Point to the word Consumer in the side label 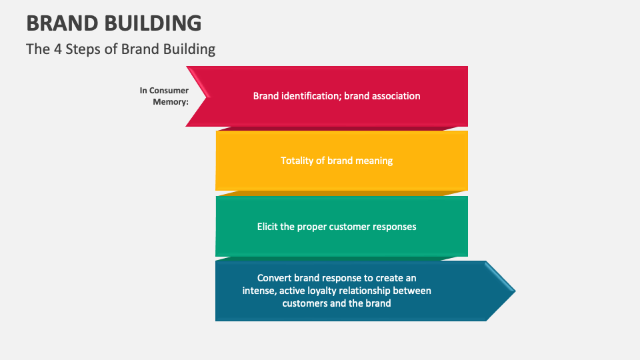point(169,91)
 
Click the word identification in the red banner point(309,96)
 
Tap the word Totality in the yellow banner point(298,161)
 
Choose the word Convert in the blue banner point(274,278)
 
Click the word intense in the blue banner point(259,291)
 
